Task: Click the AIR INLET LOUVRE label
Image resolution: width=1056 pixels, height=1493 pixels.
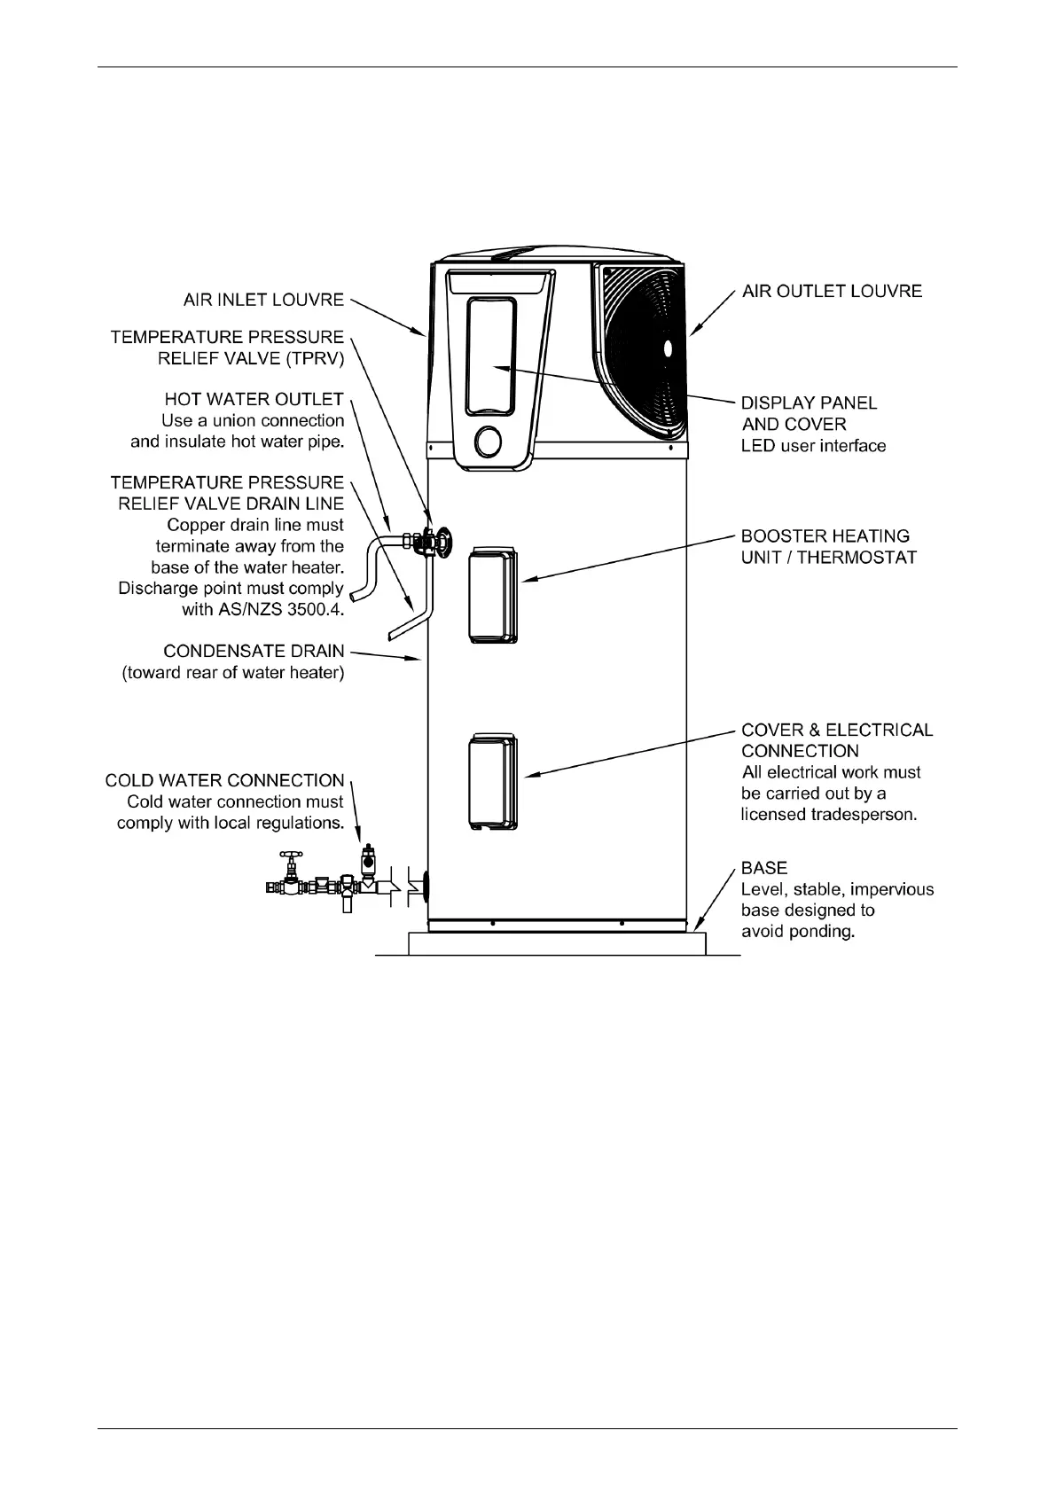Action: click(263, 300)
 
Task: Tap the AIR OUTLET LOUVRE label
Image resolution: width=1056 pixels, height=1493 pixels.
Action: click(832, 292)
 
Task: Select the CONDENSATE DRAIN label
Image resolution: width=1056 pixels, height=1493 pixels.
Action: click(254, 652)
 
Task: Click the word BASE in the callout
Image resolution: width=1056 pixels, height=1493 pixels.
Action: click(764, 868)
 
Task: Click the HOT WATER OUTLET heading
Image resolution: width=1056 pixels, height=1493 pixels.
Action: click(254, 400)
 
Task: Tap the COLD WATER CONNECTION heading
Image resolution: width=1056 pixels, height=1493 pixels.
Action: click(224, 780)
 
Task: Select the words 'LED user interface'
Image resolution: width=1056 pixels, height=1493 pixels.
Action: click(813, 446)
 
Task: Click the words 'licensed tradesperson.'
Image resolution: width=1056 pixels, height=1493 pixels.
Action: click(828, 815)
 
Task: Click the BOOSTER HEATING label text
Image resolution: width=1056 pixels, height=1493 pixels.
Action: click(825, 536)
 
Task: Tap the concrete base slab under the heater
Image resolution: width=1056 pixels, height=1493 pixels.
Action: click(557, 943)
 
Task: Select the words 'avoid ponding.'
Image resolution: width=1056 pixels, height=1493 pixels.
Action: click(797, 932)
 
